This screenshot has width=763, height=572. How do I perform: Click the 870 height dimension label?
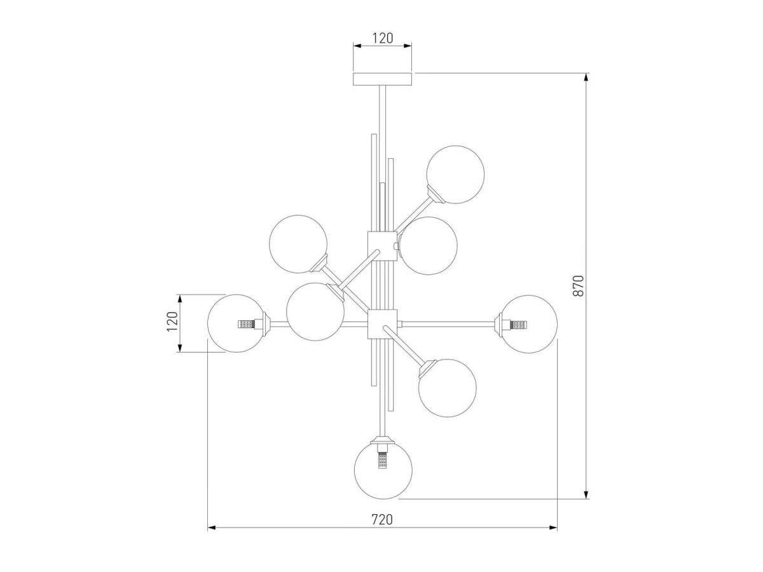point(578,285)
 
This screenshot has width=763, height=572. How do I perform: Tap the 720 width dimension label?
point(382,519)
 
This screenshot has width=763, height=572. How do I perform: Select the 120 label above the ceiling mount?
point(382,38)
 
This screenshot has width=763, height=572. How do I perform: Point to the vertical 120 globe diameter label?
point(172,321)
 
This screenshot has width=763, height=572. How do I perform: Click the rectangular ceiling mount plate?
point(382,79)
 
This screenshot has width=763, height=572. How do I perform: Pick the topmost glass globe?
point(455,174)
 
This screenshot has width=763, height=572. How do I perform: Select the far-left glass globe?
point(237,323)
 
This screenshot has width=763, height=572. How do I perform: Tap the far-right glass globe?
point(528,324)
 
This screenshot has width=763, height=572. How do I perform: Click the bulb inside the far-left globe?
point(247,324)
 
